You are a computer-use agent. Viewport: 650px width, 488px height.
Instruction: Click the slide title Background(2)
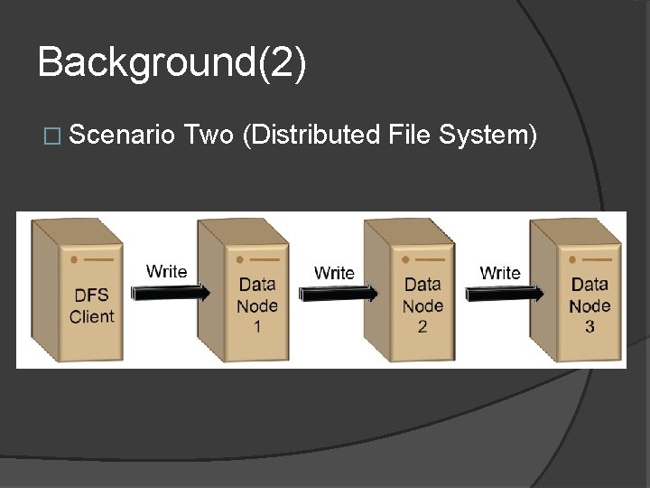click(x=172, y=63)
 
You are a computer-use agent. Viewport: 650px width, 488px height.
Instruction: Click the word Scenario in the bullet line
click(x=122, y=136)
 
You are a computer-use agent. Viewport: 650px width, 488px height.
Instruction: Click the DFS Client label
click(x=92, y=305)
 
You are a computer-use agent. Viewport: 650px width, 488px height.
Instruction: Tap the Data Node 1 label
click(x=257, y=305)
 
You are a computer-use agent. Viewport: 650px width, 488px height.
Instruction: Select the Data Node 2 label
click(x=422, y=305)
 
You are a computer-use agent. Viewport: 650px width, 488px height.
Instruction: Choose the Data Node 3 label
click(x=590, y=305)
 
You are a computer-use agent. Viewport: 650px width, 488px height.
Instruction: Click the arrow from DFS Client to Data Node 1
click(x=170, y=292)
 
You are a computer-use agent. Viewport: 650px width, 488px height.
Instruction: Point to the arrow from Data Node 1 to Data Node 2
click(x=336, y=292)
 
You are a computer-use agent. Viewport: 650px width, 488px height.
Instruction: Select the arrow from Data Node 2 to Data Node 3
click(x=503, y=292)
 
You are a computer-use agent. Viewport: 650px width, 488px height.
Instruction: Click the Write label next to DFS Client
click(x=167, y=271)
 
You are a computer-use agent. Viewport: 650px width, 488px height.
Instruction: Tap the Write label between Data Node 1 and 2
click(x=334, y=272)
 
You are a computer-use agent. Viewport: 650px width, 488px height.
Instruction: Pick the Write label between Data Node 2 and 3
click(x=500, y=272)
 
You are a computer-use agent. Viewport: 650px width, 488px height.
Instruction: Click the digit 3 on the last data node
click(x=590, y=326)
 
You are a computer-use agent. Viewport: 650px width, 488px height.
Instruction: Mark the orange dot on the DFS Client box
click(x=72, y=259)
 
